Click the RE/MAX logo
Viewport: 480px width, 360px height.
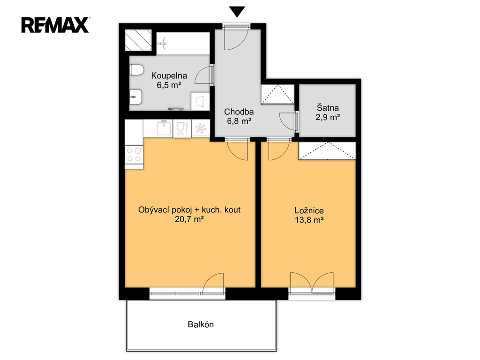pos(55,25)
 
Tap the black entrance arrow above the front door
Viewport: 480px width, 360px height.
pos(237,12)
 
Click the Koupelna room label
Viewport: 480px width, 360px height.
pos(169,75)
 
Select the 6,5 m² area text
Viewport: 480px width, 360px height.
pos(169,85)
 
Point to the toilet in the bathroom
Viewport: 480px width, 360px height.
pos(137,70)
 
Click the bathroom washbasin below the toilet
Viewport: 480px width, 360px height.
pos(135,97)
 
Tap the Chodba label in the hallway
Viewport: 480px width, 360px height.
pos(239,112)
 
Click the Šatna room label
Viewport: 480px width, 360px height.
pos(328,108)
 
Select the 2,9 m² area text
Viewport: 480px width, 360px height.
pos(328,117)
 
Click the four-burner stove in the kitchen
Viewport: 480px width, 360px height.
pos(134,154)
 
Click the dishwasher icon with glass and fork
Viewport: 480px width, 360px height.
pos(182,128)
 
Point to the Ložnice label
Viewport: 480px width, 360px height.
pos(309,210)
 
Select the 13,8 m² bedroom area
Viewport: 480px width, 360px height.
pos(309,220)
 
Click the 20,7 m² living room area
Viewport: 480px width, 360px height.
pos(189,219)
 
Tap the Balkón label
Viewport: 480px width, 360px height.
pos(201,324)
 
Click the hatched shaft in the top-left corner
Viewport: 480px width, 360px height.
pos(138,40)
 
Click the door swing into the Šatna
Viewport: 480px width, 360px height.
pos(288,121)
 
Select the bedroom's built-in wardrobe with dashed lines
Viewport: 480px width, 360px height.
pos(327,150)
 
